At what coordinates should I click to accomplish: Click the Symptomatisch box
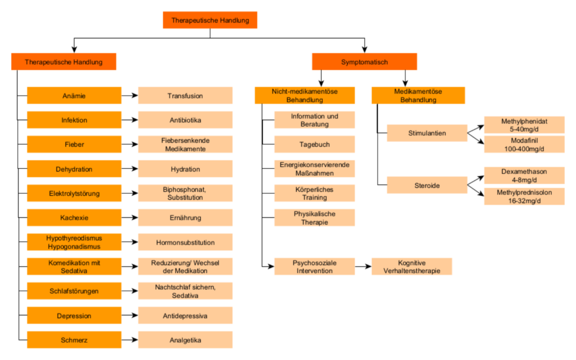coord(364,62)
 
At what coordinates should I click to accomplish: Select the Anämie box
coord(74,96)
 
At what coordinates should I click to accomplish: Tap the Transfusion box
coord(185,96)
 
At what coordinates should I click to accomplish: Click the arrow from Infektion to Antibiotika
coord(130,120)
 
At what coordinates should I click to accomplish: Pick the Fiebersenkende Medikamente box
coord(185,145)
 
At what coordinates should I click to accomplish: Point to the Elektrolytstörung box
coord(74,193)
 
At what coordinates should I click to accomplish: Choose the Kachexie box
coord(74,218)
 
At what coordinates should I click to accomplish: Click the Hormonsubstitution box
coord(185,242)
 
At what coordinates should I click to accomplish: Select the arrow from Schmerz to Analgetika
coord(130,340)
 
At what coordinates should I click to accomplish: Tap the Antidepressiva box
coord(185,316)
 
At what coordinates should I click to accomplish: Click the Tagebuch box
coord(314,145)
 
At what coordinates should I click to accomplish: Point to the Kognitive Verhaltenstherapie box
coord(412,266)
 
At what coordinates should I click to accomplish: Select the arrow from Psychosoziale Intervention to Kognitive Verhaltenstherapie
coord(363,266)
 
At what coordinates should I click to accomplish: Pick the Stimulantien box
coord(427,133)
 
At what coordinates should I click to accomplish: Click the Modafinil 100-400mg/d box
coord(524,145)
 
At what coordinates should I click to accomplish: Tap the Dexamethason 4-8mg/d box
coord(524,175)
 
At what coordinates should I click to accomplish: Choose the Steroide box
coord(427,185)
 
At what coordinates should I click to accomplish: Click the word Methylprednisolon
coord(524,192)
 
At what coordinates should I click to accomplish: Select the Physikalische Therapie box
coord(314,218)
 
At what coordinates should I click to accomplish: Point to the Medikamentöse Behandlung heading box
coord(418,96)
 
